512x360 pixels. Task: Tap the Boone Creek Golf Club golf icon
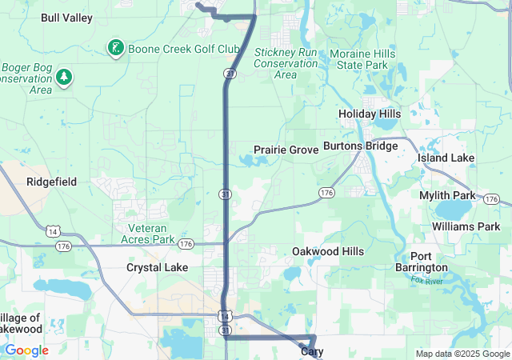(x=116, y=49)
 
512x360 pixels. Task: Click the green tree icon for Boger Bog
(x=64, y=78)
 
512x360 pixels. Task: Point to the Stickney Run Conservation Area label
(x=285, y=63)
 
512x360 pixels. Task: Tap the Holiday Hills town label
(x=369, y=114)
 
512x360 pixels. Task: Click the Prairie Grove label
(x=286, y=150)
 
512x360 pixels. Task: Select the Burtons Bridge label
(x=360, y=146)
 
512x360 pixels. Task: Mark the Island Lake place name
(x=446, y=158)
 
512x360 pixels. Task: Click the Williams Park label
(x=466, y=226)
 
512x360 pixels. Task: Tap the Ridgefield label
(x=51, y=182)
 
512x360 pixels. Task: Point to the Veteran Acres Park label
(x=147, y=233)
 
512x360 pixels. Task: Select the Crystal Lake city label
(x=157, y=267)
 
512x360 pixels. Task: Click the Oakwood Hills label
(x=327, y=251)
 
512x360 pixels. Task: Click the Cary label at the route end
(x=311, y=351)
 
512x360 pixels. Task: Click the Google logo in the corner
(x=26, y=350)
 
